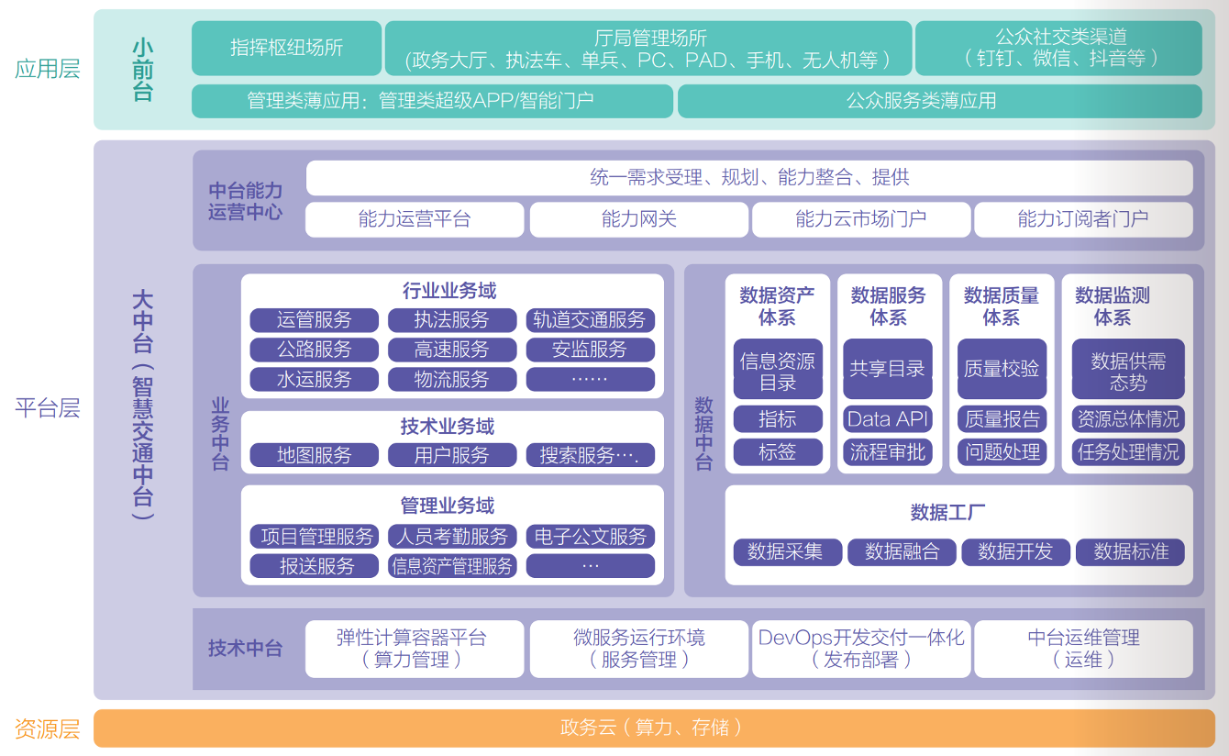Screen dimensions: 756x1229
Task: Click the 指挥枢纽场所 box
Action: [286, 48]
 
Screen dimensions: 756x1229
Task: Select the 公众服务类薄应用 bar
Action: [939, 101]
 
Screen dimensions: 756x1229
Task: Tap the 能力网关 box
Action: [638, 219]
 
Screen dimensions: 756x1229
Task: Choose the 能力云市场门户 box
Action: [860, 219]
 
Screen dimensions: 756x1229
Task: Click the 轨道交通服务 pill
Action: [590, 320]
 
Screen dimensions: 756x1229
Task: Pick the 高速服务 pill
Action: [451, 350]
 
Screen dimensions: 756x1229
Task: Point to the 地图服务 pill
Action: [314, 455]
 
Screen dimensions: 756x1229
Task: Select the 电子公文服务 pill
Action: [590, 537]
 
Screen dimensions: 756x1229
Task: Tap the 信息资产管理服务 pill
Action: [451, 566]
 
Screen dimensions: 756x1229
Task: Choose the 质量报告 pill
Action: [1002, 419]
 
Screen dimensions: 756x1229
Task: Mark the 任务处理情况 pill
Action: [1127, 451]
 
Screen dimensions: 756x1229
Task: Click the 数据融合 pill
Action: [902, 551]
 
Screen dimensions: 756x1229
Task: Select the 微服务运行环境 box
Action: [638, 649]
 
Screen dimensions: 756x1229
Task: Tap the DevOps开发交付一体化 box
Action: [860, 649]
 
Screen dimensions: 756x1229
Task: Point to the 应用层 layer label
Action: [48, 69]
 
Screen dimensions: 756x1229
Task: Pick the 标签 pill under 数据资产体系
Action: [777, 451]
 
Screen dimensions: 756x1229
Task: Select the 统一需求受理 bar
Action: [748, 178]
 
